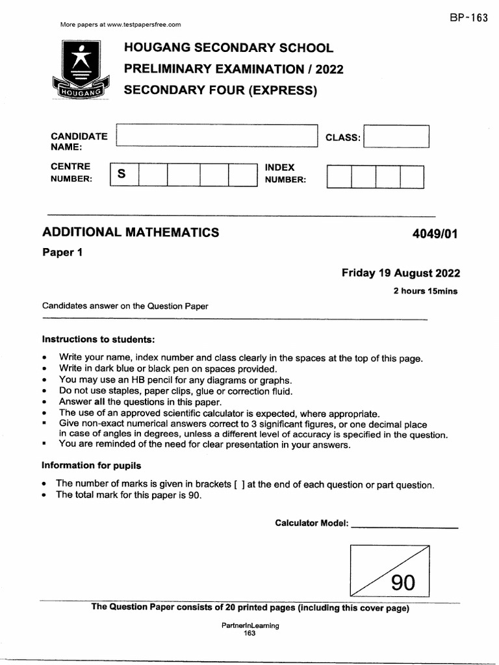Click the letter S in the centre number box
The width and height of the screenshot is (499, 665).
pos(122,175)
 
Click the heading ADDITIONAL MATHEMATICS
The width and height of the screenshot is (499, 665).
pos(131,232)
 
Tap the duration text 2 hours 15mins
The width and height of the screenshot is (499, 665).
pos(425,291)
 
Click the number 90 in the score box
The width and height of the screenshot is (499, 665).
pos(403,583)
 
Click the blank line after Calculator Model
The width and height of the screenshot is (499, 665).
pos(404,525)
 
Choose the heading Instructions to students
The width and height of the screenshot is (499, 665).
pos(99,340)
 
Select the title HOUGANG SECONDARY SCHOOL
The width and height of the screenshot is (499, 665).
pos(228,48)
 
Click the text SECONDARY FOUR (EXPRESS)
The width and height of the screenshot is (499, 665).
pos(220,90)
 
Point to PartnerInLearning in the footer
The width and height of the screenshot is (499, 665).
pos(250,625)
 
